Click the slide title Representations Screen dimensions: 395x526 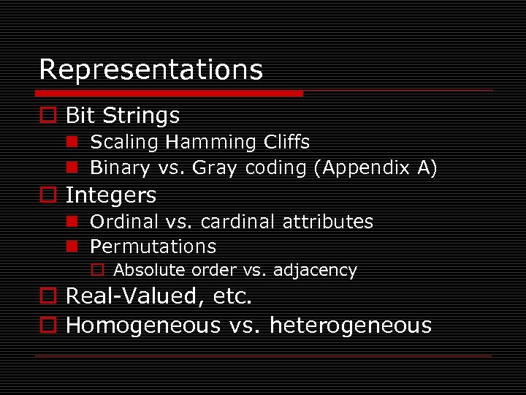point(150,70)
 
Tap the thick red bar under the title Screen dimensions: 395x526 point(169,94)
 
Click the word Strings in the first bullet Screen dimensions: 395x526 point(141,116)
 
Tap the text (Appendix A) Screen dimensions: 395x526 point(376,168)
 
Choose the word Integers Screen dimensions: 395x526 point(111,195)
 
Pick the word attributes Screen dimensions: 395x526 point(326,222)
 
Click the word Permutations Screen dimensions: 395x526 point(153,247)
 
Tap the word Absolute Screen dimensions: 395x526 point(149,271)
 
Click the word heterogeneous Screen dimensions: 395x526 point(351,326)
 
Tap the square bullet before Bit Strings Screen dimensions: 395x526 point(47,116)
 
